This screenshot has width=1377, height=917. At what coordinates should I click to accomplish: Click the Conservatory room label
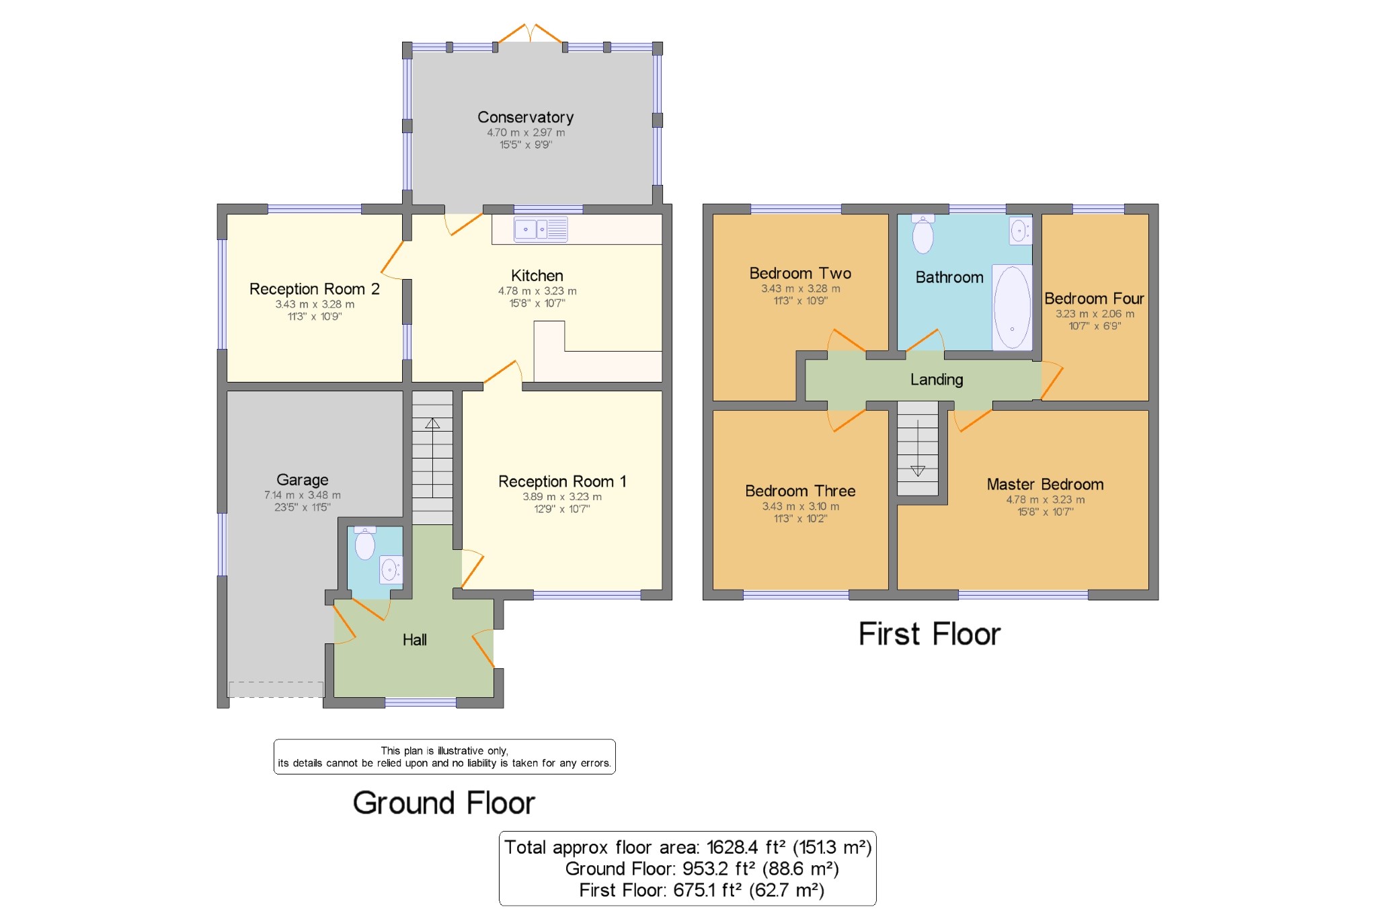pos(525,118)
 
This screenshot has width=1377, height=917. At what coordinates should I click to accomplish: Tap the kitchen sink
pos(541,229)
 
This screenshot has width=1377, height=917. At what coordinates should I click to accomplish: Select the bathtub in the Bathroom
pos(1012,307)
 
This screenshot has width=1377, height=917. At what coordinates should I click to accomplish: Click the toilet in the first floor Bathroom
pos(922,234)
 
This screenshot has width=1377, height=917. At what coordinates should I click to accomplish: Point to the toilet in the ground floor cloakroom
pos(364,543)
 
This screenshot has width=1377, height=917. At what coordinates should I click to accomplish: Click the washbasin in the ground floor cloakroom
pos(391,569)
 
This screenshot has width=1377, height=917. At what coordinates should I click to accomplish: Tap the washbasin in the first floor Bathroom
pos(1021,231)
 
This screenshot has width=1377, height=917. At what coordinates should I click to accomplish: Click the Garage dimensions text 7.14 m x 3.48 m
pos(303,495)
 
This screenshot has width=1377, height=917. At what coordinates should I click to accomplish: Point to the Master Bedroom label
pos(1045,485)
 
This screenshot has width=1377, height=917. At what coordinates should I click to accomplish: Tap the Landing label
pos(937,380)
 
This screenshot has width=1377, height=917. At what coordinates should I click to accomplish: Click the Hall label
pos(415,640)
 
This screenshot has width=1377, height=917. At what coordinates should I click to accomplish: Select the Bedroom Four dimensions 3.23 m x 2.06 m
pos(1095,314)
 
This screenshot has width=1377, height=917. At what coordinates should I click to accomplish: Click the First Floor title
pos(929,634)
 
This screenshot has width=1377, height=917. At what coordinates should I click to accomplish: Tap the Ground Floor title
pos(444,803)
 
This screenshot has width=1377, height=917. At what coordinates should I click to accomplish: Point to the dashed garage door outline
pos(276,689)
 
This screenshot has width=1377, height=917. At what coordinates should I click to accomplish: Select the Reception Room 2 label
pos(315,289)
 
